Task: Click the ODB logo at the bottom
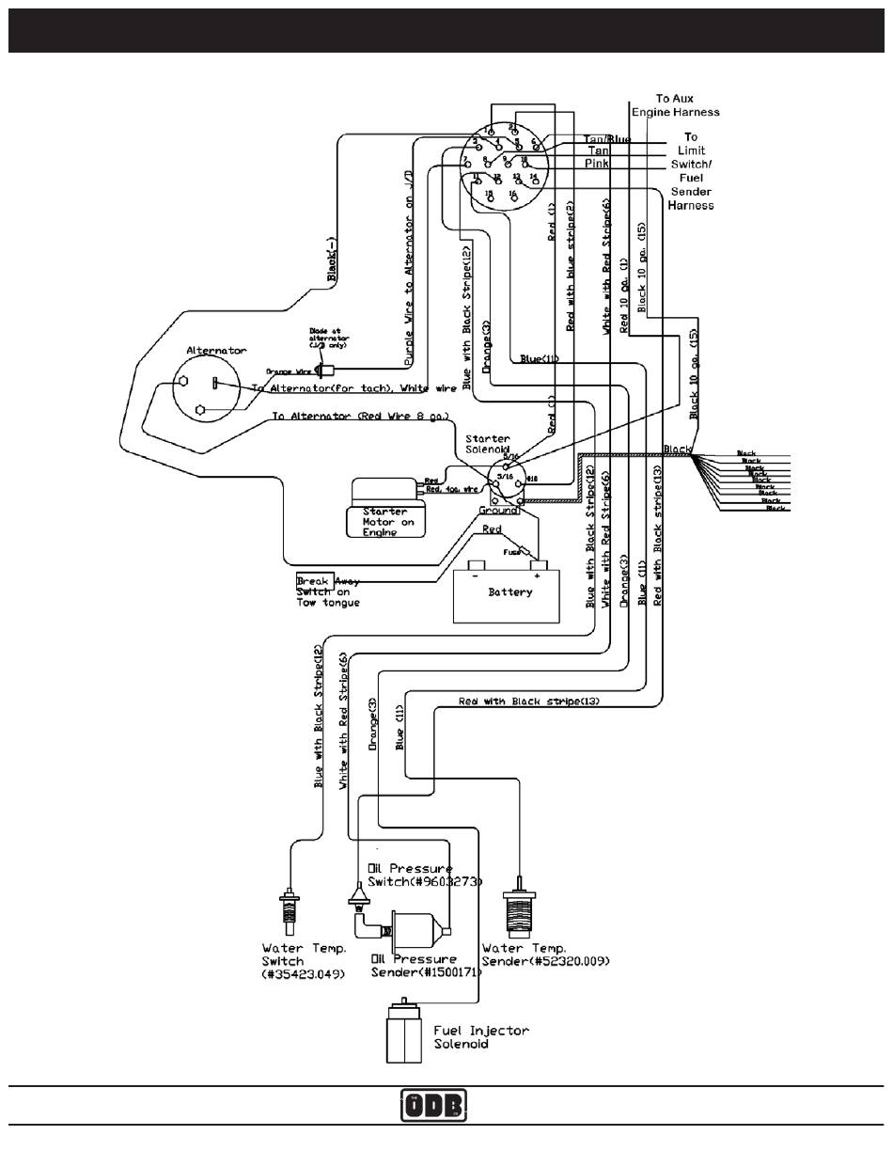click(433, 1105)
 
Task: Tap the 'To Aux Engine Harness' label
click(675, 104)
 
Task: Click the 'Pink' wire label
click(597, 164)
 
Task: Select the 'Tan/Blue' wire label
click(607, 139)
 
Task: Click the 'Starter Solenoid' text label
click(488, 444)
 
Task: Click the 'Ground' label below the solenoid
click(498, 510)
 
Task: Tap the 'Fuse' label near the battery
click(511, 552)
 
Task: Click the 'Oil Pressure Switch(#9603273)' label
click(423, 875)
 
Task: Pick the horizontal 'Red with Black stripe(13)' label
click(528, 702)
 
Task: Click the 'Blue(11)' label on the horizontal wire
click(539, 358)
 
